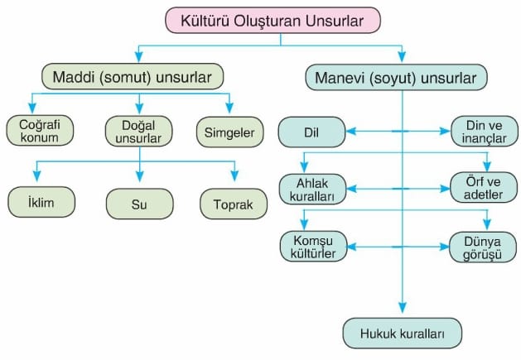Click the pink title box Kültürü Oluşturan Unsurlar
(273, 21)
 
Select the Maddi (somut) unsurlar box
(133, 77)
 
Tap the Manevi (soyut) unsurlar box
(396, 78)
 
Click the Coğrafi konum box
(40, 131)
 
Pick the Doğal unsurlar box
(138, 132)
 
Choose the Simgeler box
(230, 132)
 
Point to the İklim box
(41, 202)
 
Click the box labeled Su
(139, 204)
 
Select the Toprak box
(234, 204)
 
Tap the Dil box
(311, 132)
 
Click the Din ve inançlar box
(484, 132)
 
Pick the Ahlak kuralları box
(312, 190)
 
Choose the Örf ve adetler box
(484, 188)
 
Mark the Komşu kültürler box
(313, 247)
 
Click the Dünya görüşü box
(483, 247)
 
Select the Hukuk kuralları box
(403, 334)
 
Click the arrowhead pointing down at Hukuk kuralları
(403, 308)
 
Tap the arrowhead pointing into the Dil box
(351, 132)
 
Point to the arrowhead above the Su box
(140, 176)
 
